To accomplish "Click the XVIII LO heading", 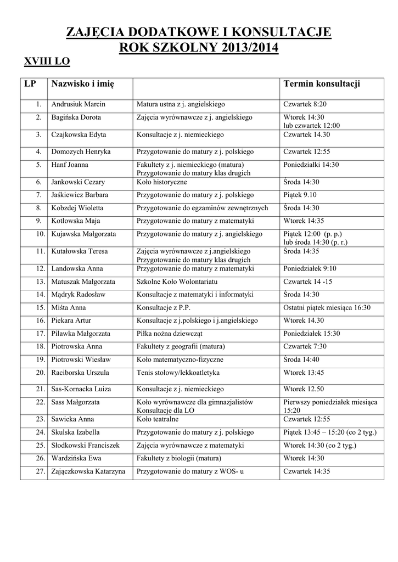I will [47, 61].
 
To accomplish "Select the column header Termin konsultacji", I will [321, 83].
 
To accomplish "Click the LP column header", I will [30, 83].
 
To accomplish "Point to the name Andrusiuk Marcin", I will [79, 104].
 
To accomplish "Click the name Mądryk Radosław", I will [79, 295].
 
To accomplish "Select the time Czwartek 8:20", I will [305, 104].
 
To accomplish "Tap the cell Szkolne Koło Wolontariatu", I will [174, 282].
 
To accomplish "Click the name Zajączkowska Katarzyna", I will [88, 471].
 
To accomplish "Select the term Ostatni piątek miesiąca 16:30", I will [327, 308].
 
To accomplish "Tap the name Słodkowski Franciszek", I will [85, 445].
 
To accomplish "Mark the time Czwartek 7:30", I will [305, 347].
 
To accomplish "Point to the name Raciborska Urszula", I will [80, 373].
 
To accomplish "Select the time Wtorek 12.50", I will [304, 389].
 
